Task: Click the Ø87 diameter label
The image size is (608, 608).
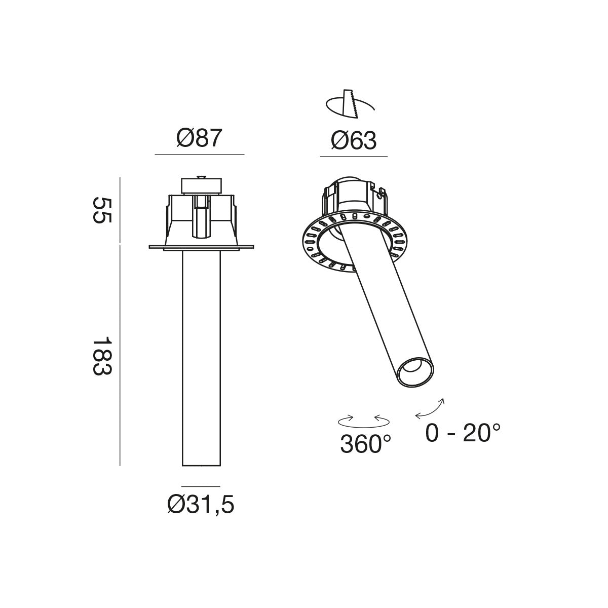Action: [200, 138]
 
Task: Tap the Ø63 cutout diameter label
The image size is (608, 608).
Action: [354, 140]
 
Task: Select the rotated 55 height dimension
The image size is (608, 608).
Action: [102, 210]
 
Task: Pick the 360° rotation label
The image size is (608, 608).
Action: [365, 444]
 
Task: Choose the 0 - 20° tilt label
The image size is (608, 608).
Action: [463, 433]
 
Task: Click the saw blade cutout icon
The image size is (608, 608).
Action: [350, 104]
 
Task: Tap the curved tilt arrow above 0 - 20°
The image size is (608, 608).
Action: [430, 409]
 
